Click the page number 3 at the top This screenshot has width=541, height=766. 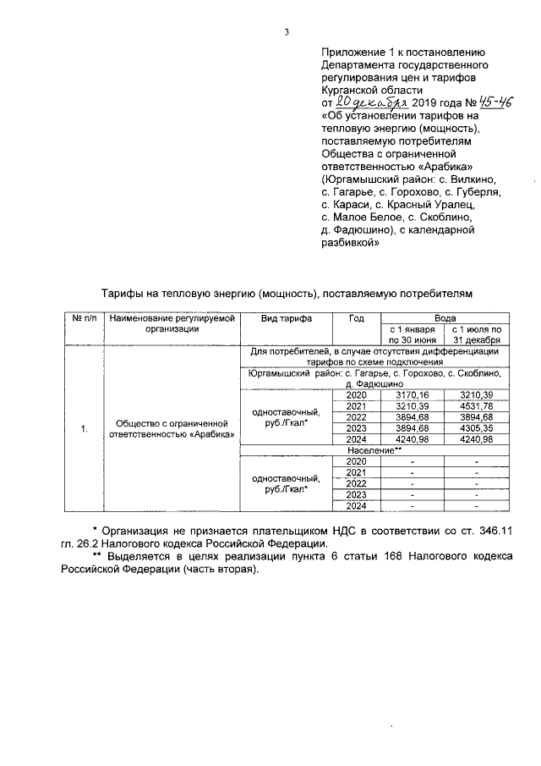(x=287, y=32)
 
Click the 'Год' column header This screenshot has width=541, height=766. (x=356, y=318)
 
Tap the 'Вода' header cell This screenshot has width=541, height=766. (x=444, y=318)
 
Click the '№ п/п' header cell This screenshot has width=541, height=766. (x=84, y=318)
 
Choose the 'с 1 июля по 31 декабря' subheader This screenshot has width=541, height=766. (x=476, y=334)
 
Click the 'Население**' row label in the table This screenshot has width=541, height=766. (x=373, y=450)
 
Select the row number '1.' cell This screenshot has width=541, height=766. (x=84, y=429)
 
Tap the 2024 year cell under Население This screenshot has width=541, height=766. (x=356, y=506)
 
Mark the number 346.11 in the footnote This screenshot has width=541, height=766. (x=501, y=530)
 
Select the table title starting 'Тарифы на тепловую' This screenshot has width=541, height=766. (x=282, y=293)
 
